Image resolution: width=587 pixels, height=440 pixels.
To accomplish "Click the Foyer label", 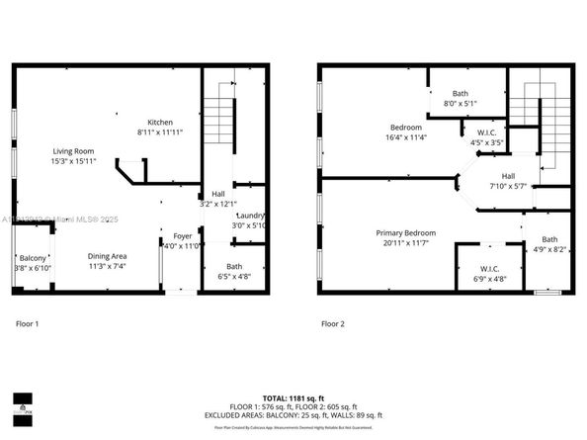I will pyautogui.click(x=183, y=236).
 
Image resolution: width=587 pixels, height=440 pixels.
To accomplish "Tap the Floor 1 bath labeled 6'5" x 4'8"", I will pyautogui.click(x=234, y=272).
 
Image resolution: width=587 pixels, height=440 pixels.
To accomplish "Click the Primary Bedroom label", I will pyautogui.click(x=405, y=233).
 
